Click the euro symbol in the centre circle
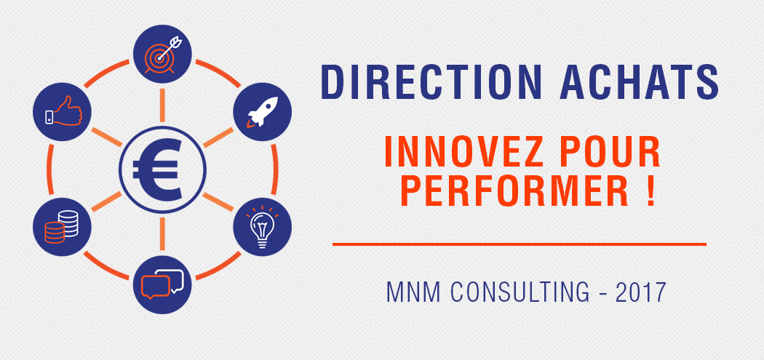tap(156, 169)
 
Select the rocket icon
tap(263, 111)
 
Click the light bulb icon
tap(262, 226)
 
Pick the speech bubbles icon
tap(162, 284)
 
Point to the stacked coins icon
tap(61, 226)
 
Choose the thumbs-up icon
tap(63, 111)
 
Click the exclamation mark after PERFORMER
tap(650, 190)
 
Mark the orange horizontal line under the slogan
tap(520, 244)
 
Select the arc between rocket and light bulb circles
tap(275, 169)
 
